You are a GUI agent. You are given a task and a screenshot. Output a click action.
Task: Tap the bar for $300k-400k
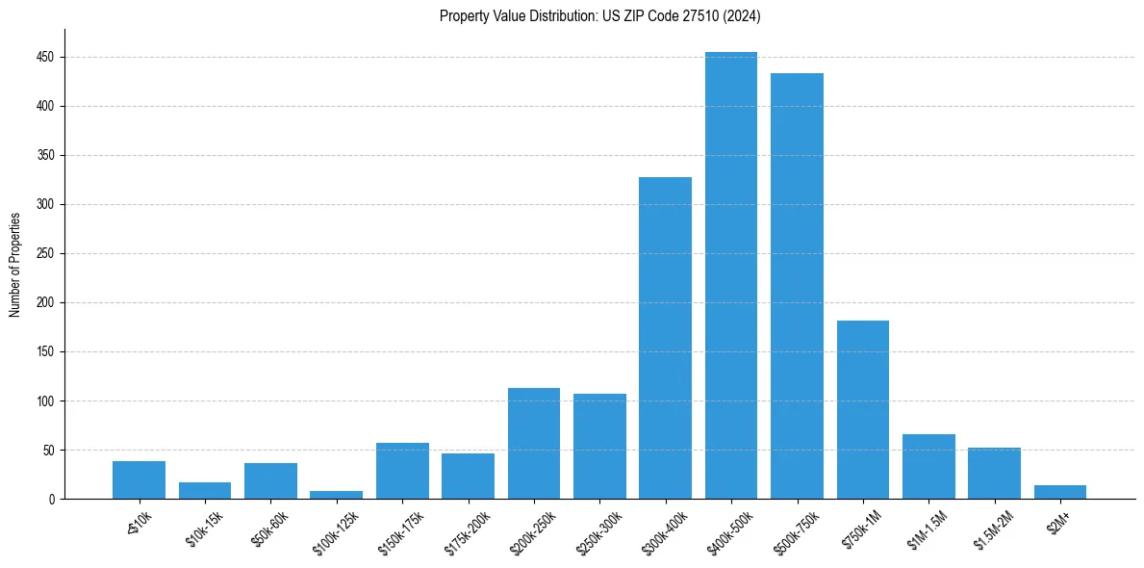[665, 338]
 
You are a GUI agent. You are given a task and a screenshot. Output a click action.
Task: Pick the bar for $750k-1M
[863, 410]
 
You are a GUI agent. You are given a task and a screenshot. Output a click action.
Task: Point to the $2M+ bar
[1060, 492]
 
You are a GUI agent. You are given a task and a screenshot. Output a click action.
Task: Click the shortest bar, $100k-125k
[337, 495]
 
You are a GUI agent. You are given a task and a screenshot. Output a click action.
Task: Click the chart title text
[600, 16]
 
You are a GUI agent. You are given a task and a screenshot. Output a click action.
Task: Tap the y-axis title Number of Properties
[15, 265]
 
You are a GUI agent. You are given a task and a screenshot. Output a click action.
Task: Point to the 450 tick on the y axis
[46, 57]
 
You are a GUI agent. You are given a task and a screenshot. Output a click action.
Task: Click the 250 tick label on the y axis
[46, 254]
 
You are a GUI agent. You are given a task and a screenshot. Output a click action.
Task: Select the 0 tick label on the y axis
[52, 500]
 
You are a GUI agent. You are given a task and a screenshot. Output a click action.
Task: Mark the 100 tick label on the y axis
[46, 401]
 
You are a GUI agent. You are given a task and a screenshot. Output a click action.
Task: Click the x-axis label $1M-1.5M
[928, 530]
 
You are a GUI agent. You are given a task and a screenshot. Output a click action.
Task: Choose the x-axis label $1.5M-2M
[994, 530]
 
